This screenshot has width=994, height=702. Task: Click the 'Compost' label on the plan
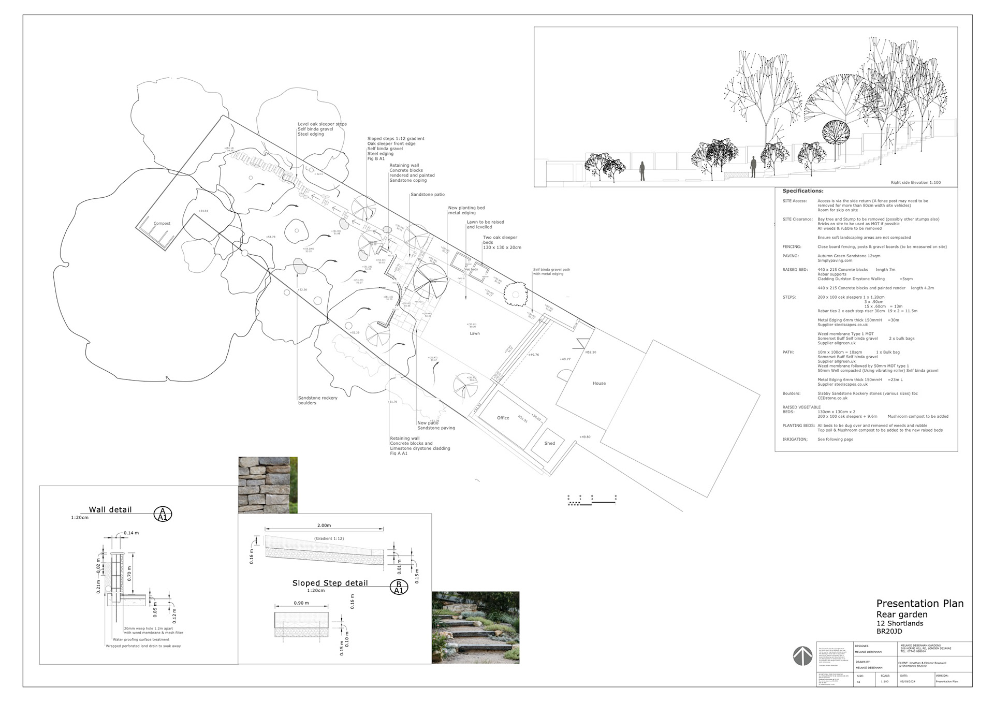click(x=162, y=224)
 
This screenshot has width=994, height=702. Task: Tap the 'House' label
click(x=599, y=384)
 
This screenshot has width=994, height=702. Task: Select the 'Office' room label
click(x=503, y=418)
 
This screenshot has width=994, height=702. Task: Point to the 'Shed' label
click(x=549, y=443)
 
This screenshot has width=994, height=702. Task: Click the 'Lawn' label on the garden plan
click(x=475, y=333)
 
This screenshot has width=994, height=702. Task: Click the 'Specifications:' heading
click(x=802, y=191)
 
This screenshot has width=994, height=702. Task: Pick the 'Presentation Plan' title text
click(x=919, y=604)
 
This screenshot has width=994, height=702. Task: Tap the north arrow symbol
click(x=802, y=656)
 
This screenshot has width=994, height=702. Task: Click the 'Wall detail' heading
click(x=110, y=509)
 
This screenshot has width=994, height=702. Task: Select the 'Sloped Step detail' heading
click(x=330, y=583)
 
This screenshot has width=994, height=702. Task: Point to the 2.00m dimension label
click(x=324, y=525)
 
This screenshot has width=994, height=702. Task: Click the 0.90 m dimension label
click(x=301, y=603)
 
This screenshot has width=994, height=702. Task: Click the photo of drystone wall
click(x=268, y=485)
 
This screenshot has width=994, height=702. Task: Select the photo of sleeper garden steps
click(x=475, y=627)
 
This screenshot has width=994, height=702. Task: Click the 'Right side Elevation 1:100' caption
click(x=915, y=183)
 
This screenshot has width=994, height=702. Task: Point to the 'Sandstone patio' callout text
click(x=428, y=195)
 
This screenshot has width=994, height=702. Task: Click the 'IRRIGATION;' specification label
click(x=795, y=440)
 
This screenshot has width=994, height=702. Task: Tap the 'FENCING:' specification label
click(x=792, y=247)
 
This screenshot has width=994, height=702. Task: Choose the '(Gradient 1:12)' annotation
click(x=329, y=539)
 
